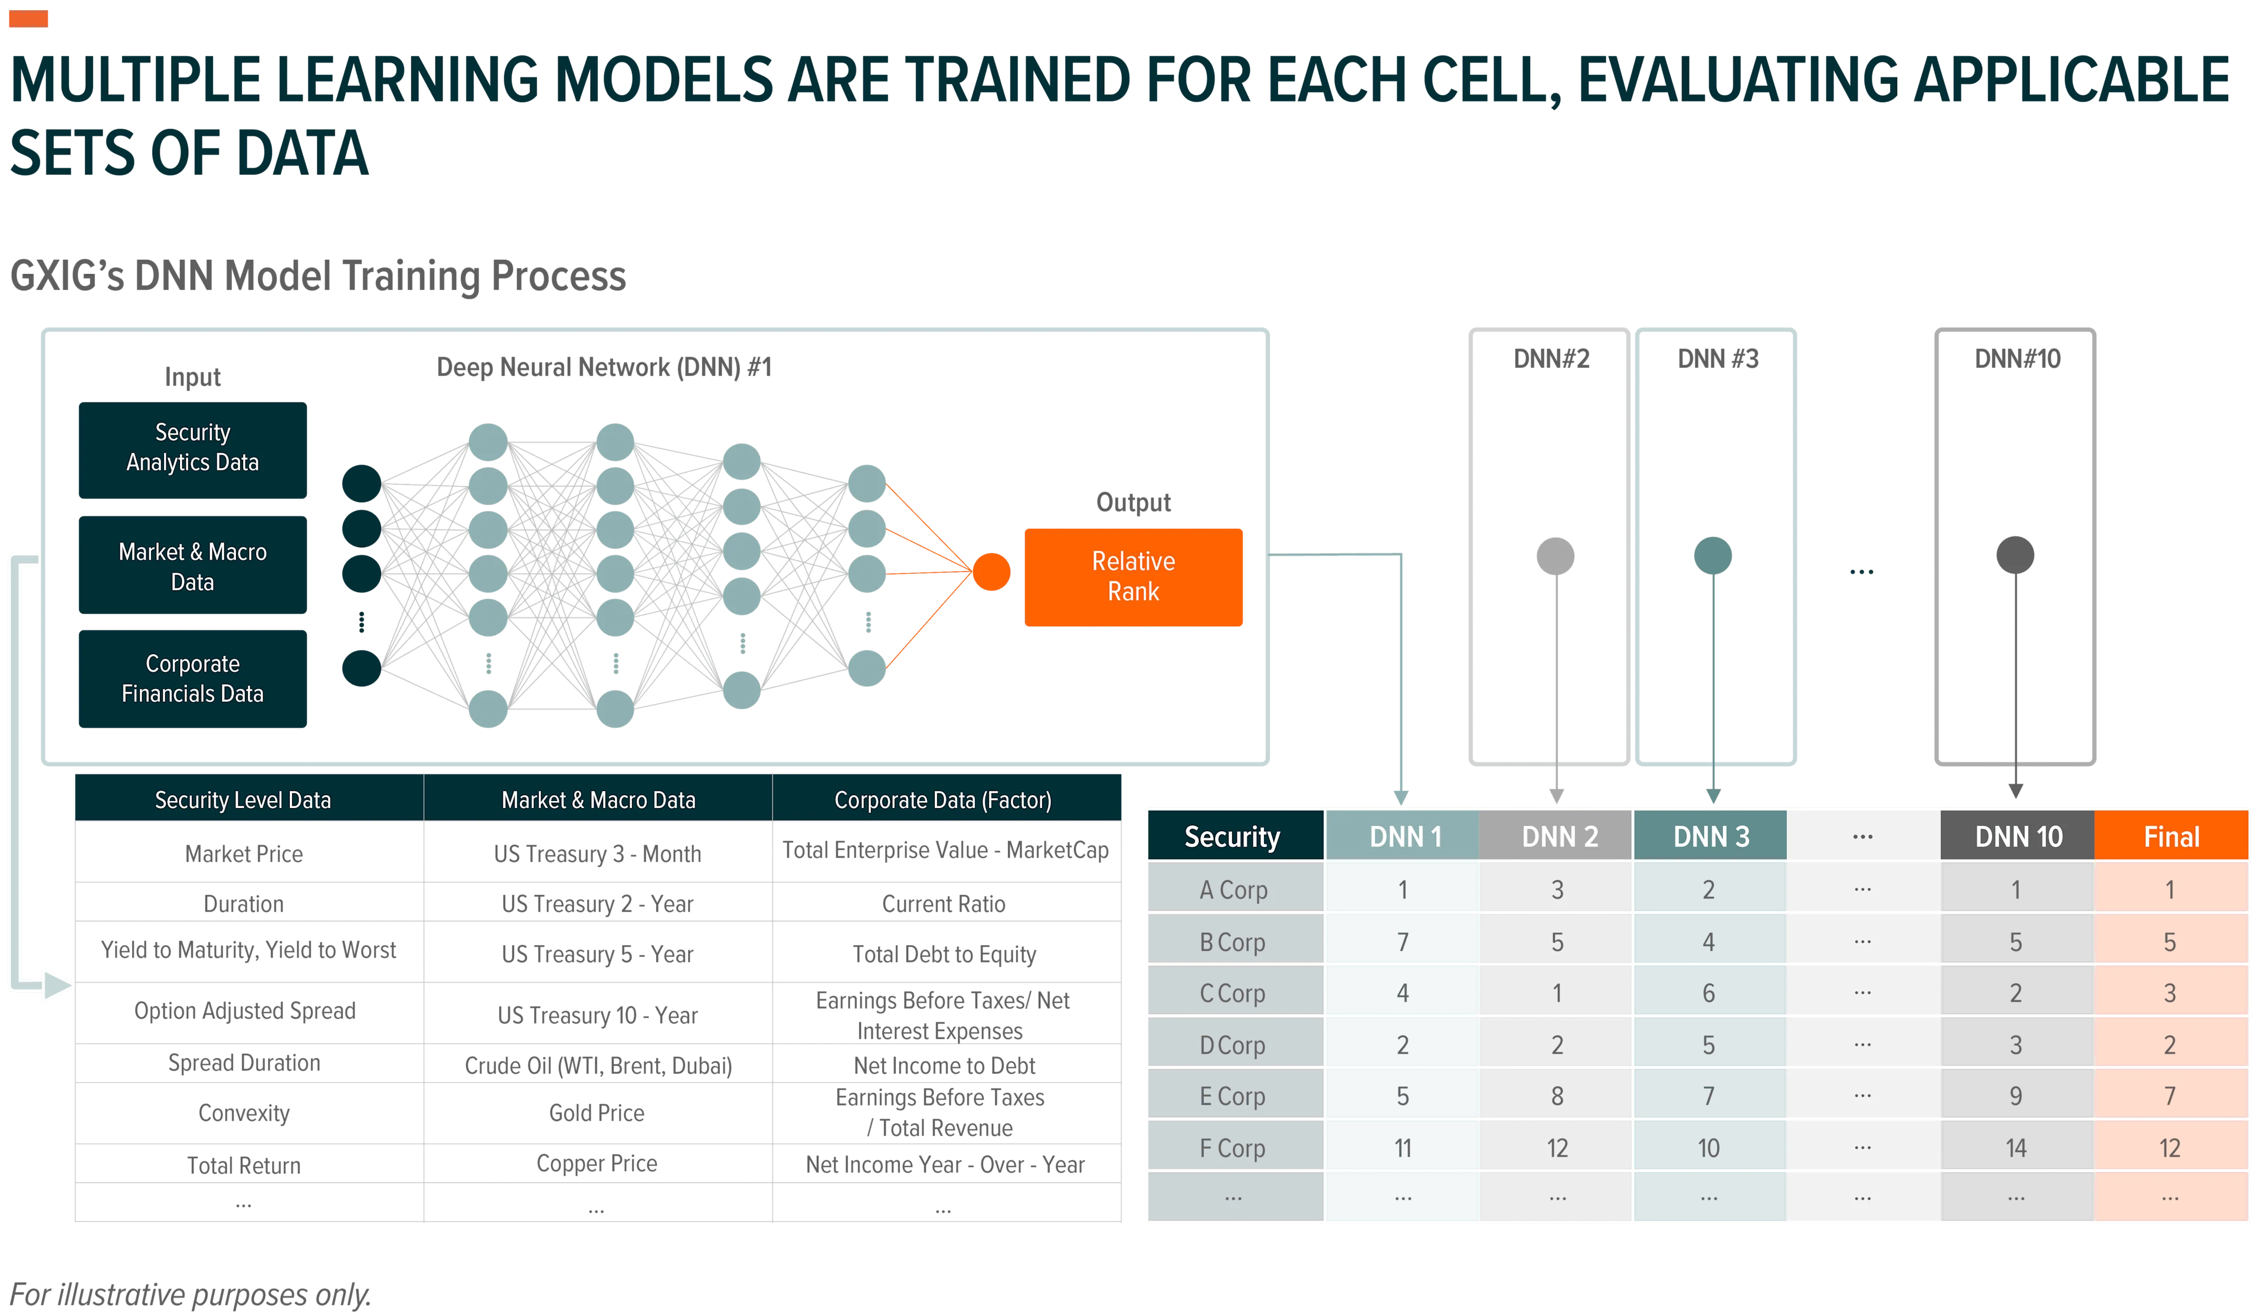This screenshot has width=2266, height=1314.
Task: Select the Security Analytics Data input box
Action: click(x=192, y=450)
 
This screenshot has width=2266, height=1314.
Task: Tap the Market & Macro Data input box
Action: click(x=192, y=565)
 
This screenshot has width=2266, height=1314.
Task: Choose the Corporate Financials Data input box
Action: click(x=192, y=678)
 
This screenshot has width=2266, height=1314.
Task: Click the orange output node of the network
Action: click(x=991, y=572)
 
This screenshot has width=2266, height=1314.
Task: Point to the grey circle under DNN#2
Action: click(x=1556, y=556)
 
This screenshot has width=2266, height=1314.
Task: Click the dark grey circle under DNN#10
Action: click(x=2015, y=555)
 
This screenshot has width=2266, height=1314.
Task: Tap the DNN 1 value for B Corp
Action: click(x=1403, y=942)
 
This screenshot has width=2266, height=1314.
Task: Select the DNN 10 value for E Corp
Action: click(x=2016, y=1096)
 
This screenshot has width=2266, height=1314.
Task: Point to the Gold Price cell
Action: click(x=597, y=1113)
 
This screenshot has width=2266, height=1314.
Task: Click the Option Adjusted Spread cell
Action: click(x=244, y=1011)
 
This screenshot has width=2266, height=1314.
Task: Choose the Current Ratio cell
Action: click(x=943, y=904)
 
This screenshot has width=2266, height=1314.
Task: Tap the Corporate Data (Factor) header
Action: click(x=943, y=799)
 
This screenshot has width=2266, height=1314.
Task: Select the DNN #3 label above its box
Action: click(x=1717, y=359)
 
